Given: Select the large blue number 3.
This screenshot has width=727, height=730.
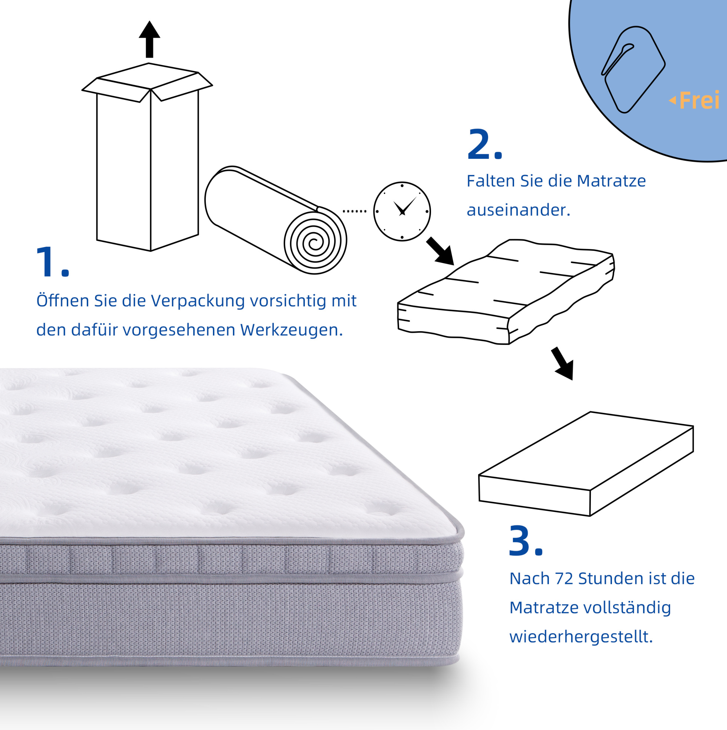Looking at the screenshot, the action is click(x=521, y=540).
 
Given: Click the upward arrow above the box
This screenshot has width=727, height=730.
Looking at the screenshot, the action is click(x=149, y=39).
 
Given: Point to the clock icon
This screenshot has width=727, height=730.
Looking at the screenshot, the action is click(x=402, y=211).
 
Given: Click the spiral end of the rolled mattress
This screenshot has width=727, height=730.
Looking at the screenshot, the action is click(x=315, y=242).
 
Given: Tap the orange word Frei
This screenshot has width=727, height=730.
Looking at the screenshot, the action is click(x=699, y=101).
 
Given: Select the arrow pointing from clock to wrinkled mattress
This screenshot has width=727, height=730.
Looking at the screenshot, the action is click(x=440, y=251).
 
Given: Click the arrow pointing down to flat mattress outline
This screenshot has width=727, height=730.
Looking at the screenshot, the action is click(x=563, y=364).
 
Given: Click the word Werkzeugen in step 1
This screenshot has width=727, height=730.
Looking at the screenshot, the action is click(x=292, y=330).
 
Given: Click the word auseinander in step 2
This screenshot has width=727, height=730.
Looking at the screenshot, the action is click(x=519, y=210).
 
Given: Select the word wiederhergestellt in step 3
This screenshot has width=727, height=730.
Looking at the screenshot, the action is click(x=581, y=637).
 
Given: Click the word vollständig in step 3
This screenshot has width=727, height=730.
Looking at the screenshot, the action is click(x=627, y=608).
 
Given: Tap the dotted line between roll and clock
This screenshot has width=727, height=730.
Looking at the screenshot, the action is click(x=355, y=211).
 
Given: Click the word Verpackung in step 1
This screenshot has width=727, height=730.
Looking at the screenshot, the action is click(x=198, y=301).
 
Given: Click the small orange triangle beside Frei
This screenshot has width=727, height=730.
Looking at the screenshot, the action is click(x=672, y=101).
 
